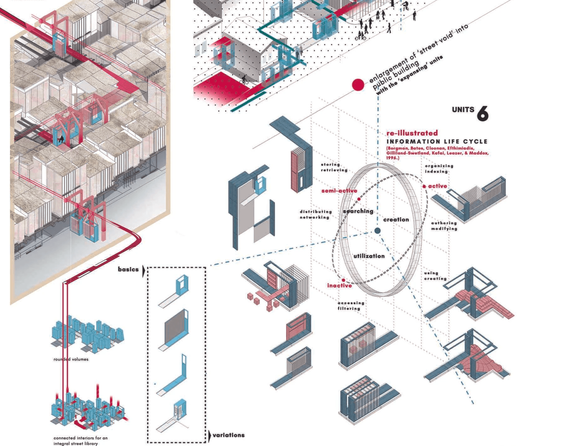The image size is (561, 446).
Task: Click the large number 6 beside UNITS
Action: (x=483, y=113)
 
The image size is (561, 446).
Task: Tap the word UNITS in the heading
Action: (x=463, y=110)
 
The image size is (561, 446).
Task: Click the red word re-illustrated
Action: (x=412, y=133)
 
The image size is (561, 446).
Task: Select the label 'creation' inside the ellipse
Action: (x=396, y=220)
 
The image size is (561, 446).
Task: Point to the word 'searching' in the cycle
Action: (x=358, y=211)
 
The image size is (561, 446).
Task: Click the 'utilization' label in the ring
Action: (x=369, y=256)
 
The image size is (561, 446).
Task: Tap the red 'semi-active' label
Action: (x=339, y=191)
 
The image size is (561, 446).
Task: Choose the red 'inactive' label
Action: (x=339, y=285)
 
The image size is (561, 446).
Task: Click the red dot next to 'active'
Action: (x=424, y=186)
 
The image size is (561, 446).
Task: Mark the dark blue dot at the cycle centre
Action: (x=378, y=231)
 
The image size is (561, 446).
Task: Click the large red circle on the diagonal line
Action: (x=358, y=85)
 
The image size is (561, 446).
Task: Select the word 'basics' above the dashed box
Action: (x=128, y=269)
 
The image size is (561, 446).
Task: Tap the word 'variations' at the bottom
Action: (x=228, y=435)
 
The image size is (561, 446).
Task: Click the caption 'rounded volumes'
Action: (x=71, y=359)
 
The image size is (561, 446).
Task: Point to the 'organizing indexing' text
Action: (x=439, y=169)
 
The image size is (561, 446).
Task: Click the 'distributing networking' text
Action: (x=315, y=214)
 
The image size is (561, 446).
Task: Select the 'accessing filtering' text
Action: (x=351, y=305)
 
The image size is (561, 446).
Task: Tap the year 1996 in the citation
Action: (x=392, y=158)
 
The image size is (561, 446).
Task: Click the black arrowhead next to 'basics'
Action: (x=144, y=271)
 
